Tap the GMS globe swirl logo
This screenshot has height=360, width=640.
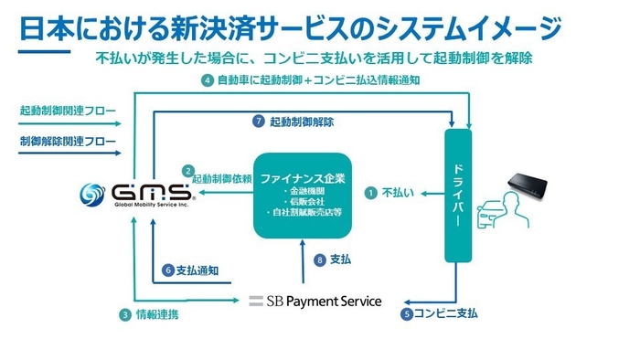tap(94, 194)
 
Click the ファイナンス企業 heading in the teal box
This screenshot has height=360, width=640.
tap(301, 174)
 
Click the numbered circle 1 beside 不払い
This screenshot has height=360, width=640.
tap(370, 193)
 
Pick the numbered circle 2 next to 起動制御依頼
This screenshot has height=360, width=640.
tap(187, 170)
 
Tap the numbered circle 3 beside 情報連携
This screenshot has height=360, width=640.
tap(124, 315)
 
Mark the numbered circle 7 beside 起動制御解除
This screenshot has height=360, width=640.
tap(259, 121)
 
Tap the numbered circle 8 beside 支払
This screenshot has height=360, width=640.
tap(319, 259)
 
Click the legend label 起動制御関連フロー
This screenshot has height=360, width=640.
tap(68, 111)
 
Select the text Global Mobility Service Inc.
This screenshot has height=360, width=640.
tap(137, 206)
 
